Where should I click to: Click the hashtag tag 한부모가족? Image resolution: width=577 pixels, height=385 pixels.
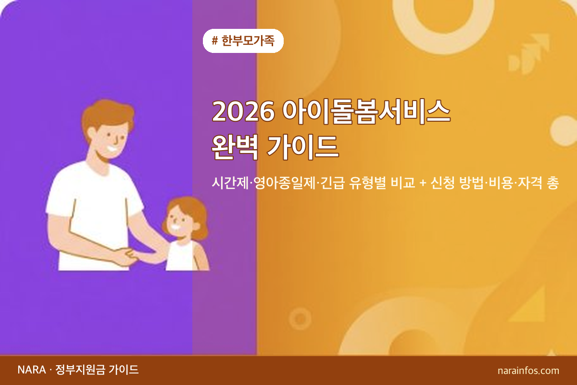243,41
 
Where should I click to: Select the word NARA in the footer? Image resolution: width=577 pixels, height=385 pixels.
31,370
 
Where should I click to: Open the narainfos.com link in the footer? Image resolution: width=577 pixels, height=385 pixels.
528,371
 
